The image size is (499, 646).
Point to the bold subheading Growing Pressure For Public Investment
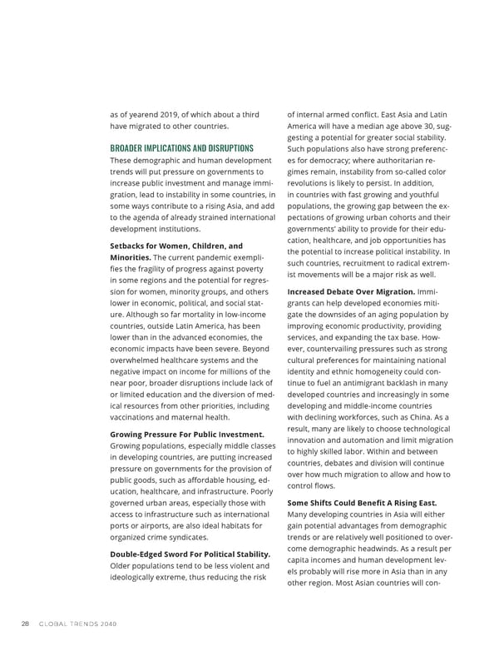pos(187,433)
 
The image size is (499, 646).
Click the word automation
pos(368,440)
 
